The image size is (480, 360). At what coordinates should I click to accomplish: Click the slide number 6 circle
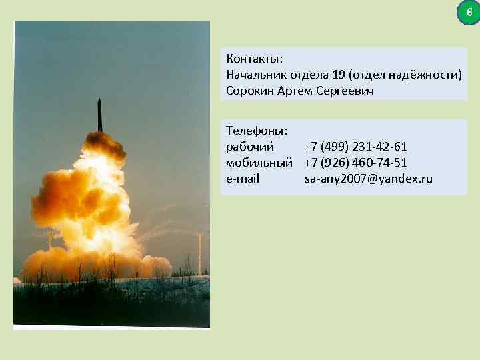click(x=469, y=12)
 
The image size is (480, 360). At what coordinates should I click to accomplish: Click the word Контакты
click(x=254, y=58)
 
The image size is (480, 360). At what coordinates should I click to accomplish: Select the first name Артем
click(x=295, y=91)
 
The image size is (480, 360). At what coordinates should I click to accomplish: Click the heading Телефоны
click(x=257, y=130)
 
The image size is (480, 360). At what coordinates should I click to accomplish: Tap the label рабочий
click(x=250, y=146)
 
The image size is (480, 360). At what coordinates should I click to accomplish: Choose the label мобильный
click(x=259, y=162)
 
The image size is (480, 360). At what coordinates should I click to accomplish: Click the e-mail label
click(x=243, y=179)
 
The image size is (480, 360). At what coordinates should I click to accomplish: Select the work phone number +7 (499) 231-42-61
click(x=355, y=146)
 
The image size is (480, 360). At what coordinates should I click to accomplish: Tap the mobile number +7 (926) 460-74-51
click(x=355, y=162)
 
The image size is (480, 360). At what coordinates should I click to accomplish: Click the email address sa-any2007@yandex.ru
click(x=369, y=179)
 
